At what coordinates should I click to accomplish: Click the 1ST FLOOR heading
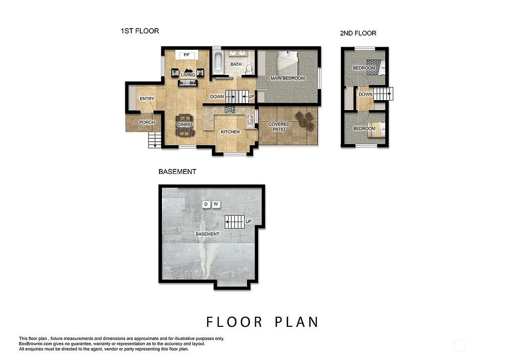(139, 31)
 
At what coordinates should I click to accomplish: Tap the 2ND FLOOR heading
(358, 33)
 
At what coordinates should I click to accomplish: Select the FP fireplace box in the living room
(186, 55)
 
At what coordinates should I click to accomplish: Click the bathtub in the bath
(218, 62)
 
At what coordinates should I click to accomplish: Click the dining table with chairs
(184, 125)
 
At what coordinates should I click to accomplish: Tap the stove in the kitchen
(230, 109)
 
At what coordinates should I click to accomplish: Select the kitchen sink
(249, 121)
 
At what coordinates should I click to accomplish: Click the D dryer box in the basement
(205, 204)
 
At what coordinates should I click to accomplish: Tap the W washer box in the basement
(215, 204)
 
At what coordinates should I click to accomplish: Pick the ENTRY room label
(147, 99)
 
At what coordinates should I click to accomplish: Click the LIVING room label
(188, 75)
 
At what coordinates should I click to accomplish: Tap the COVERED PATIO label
(279, 127)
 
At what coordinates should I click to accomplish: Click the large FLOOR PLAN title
(262, 322)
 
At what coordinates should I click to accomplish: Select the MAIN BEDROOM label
(288, 78)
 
